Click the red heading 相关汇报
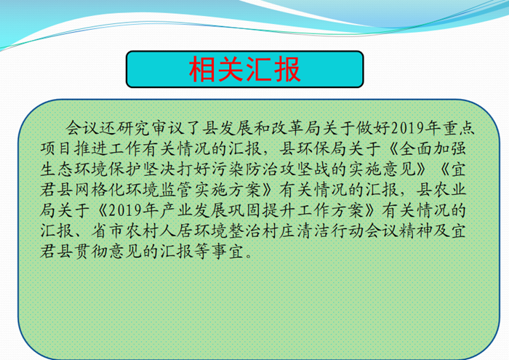point(245,69)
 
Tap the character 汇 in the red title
point(259,69)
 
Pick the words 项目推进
point(74,148)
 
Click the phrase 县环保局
point(313,148)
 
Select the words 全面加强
point(433,148)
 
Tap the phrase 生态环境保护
point(91,169)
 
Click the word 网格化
point(100,190)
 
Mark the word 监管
point(177,190)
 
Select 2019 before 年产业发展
point(125,210)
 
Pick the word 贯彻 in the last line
point(91,252)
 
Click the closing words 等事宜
point(219,252)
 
